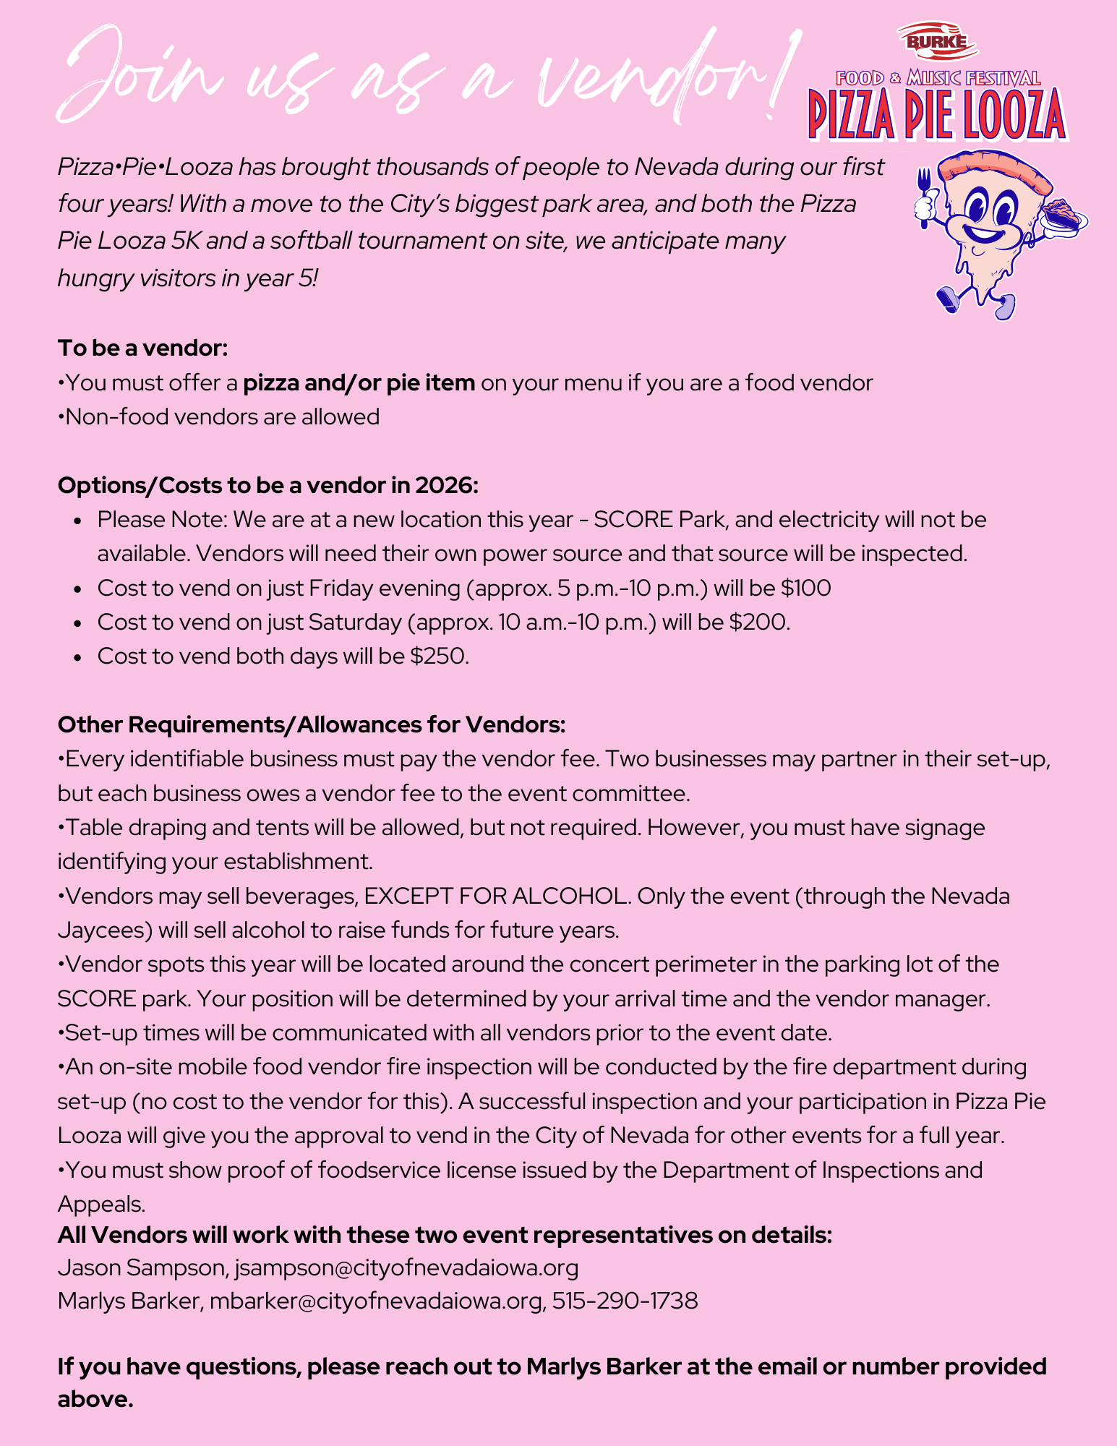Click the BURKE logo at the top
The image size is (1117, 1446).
937,41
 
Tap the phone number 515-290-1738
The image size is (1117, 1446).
625,1301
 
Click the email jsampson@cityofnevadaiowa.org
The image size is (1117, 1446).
406,1267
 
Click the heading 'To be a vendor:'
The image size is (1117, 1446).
142,348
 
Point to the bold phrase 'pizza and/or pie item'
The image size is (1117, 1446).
359,382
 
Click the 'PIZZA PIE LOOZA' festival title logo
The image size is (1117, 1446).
937,114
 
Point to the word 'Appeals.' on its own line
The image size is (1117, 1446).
102,1204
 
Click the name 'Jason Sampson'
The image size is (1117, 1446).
142,1267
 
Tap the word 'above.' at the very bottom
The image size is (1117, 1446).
95,1399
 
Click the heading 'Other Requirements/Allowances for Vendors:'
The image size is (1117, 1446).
311,724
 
